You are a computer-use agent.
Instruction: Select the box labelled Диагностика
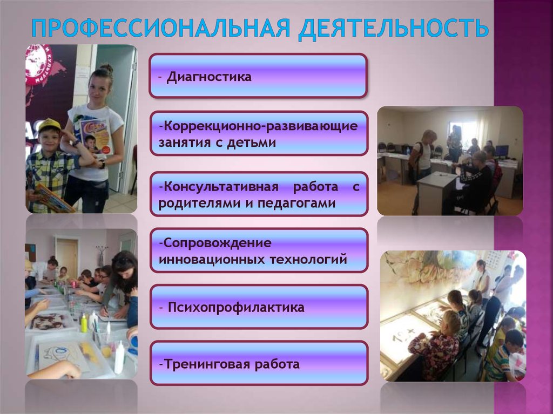[x=258, y=76]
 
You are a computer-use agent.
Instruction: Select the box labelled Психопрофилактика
[x=259, y=307]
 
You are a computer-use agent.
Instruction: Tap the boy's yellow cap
[x=49, y=125]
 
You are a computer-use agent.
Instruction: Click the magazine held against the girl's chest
[x=95, y=135]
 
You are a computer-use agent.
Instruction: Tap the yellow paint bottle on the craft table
[x=84, y=323]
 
